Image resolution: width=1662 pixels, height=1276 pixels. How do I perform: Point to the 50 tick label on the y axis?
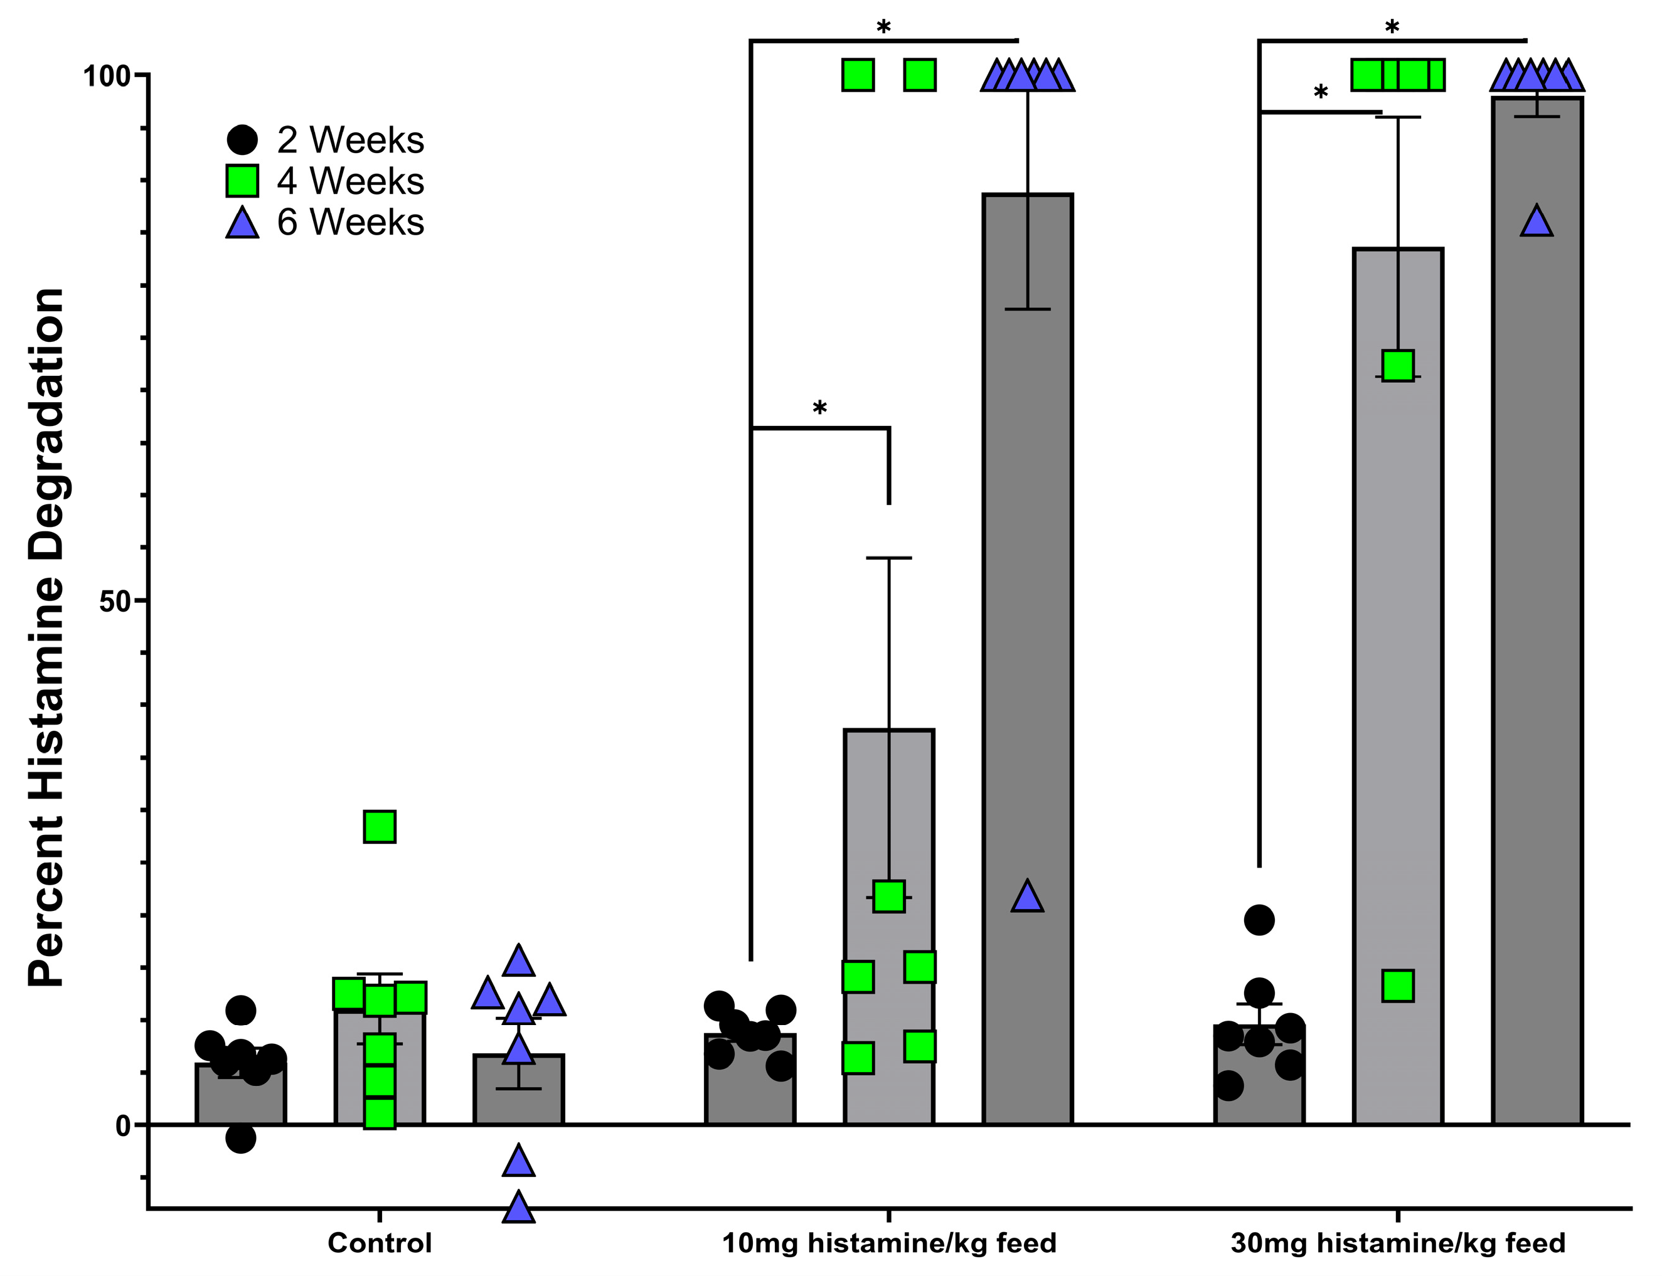(115, 601)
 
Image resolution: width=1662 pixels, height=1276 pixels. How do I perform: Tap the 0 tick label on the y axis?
(123, 1125)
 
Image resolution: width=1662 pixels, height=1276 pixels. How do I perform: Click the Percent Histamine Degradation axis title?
(46, 638)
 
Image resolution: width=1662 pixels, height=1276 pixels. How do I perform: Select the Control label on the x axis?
(379, 1243)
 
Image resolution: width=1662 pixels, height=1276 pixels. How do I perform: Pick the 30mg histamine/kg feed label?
(1398, 1243)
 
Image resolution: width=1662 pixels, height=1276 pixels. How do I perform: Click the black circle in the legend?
(242, 140)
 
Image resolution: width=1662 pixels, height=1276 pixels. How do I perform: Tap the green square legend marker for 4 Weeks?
(242, 181)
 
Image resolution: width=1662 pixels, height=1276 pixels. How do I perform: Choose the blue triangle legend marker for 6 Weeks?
(242, 223)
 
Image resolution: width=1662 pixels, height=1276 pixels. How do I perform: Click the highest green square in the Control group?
(380, 826)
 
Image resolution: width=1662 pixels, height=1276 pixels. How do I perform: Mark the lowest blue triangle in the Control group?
(519, 1208)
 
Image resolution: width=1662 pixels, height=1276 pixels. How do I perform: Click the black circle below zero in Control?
(241, 1138)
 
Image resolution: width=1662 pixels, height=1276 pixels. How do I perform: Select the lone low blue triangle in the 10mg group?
(1028, 897)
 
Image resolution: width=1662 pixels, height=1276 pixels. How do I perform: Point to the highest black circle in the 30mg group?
(1259, 920)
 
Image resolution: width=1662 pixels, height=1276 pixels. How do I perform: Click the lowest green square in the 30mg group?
(1398, 986)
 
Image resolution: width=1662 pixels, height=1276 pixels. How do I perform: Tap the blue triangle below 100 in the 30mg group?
(1537, 222)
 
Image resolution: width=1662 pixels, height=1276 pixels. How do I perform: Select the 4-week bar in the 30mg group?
(1398, 684)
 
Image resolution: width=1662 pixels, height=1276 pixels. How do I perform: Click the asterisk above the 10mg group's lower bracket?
(819, 408)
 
